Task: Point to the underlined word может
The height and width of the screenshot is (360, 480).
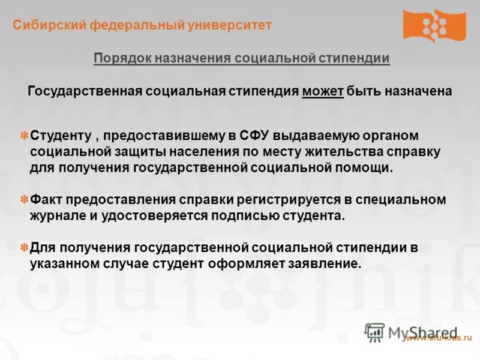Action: [323, 92]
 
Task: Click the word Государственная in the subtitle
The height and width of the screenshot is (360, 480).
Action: [84, 92]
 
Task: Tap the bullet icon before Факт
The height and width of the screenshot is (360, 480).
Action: [25, 200]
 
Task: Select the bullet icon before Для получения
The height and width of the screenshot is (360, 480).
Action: [25, 247]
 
